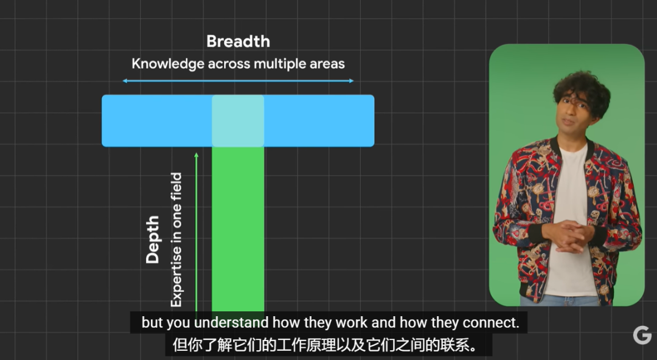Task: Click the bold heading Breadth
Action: pyautogui.click(x=238, y=41)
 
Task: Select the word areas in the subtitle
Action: pyautogui.click(x=327, y=64)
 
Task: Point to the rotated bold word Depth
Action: pyautogui.click(x=153, y=240)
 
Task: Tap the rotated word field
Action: pyautogui.click(x=176, y=187)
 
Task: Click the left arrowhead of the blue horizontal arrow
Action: pyautogui.click(x=125, y=81)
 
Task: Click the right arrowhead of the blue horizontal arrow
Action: pyautogui.click(x=351, y=81)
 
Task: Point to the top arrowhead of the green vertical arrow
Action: pyautogui.click(x=196, y=156)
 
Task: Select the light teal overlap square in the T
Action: pyautogui.click(x=238, y=120)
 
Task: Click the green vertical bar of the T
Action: pyautogui.click(x=238, y=229)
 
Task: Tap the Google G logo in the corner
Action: pyautogui.click(x=642, y=335)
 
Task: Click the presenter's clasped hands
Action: pyautogui.click(x=568, y=236)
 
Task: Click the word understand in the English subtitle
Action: pyautogui.click(x=231, y=323)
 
